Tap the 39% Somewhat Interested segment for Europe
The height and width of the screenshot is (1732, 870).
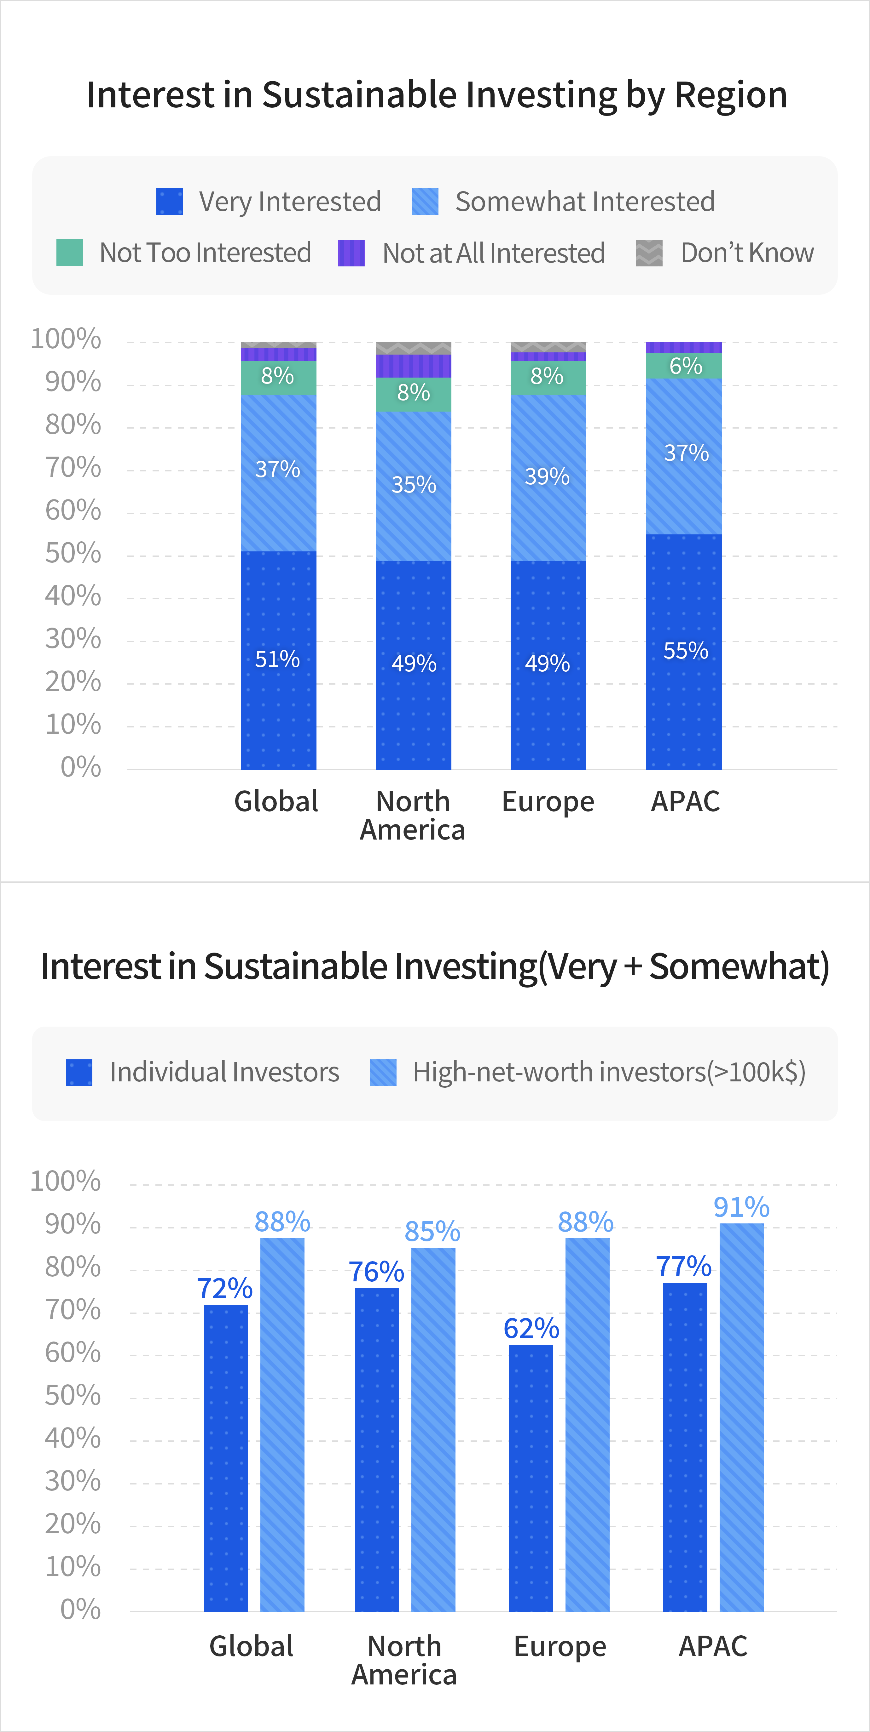tap(548, 477)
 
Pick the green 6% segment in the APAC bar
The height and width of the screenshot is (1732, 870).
tap(684, 366)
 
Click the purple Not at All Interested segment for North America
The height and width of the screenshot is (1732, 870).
tap(413, 366)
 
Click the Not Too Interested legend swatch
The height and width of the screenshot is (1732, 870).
tap(69, 253)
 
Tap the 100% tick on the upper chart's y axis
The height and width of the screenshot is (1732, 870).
tap(66, 339)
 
